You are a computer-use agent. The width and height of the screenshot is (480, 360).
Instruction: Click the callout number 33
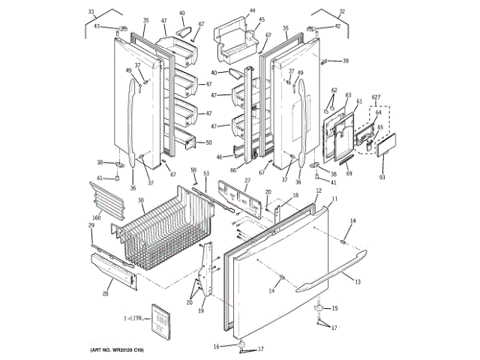(x=91, y=12)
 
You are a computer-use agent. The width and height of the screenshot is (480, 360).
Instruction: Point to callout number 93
(x=382, y=177)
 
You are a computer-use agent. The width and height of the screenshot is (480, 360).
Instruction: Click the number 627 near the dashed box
(x=376, y=98)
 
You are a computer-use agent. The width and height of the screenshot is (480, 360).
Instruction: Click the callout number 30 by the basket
(x=140, y=200)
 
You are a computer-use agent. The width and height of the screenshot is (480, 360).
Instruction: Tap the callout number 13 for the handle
(x=358, y=281)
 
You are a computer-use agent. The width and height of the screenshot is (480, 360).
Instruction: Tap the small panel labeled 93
(x=387, y=144)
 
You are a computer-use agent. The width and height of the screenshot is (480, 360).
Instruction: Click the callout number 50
(x=208, y=142)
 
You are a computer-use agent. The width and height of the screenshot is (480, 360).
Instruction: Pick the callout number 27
(x=247, y=180)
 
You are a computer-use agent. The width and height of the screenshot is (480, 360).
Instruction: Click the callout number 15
(x=335, y=307)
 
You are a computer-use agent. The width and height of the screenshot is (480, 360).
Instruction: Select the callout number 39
(x=346, y=61)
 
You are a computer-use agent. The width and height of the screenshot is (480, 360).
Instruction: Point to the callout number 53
(x=205, y=174)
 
